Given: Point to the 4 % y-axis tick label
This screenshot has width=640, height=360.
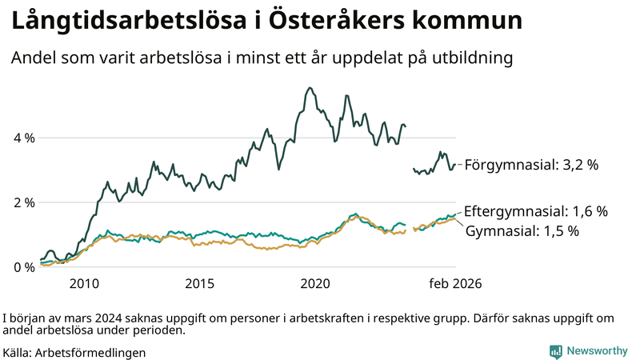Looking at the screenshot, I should tap(24, 138).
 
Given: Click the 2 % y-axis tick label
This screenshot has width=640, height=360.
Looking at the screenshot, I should tap(24, 202).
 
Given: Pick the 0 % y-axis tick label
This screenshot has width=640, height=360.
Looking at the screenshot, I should tap(24, 267).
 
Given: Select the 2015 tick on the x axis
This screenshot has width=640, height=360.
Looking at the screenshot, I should tap(200, 283).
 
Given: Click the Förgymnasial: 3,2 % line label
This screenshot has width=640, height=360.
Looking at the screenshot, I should tap(531, 166).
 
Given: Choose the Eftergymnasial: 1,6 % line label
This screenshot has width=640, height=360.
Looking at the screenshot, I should tap(535, 212).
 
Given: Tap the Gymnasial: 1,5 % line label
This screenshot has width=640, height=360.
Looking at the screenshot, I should tap(522, 230).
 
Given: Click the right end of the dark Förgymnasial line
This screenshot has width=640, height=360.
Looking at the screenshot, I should tap(455, 165).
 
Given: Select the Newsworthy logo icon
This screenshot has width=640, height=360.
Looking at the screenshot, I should tap(555, 351).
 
